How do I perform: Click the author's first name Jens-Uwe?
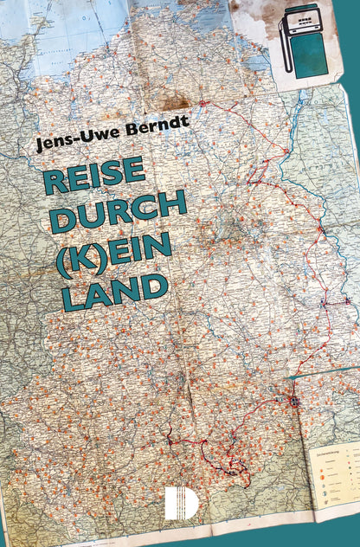[70, 140]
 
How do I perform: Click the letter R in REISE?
[55, 178]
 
